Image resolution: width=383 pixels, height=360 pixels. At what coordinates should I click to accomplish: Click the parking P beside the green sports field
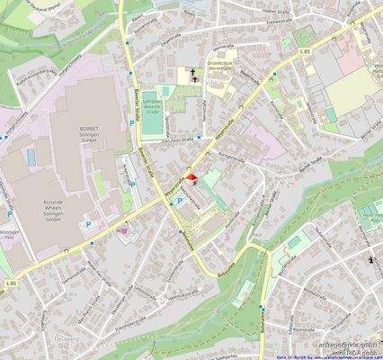[x=135, y=120]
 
